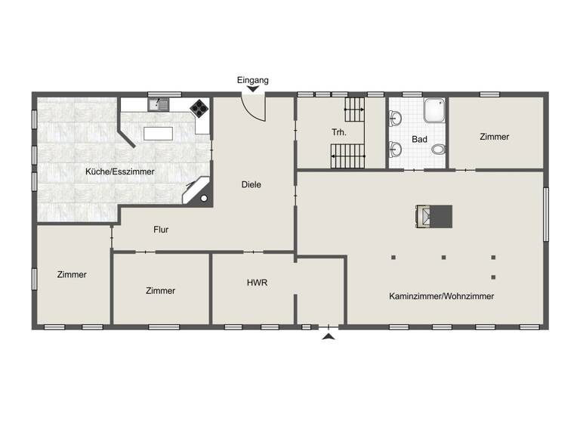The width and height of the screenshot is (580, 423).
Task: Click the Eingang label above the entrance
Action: click(x=252, y=79)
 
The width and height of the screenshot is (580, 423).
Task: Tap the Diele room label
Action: click(x=251, y=184)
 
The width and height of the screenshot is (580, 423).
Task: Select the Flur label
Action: click(x=161, y=229)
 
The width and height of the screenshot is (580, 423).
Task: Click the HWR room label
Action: click(x=257, y=283)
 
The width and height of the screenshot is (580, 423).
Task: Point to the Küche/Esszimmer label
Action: click(x=120, y=171)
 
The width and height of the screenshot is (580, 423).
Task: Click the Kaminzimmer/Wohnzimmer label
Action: click(x=442, y=296)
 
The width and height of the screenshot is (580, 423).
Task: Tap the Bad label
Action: click(x=420, y=140)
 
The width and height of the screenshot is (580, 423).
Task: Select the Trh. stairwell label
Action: click(x=339, y=132)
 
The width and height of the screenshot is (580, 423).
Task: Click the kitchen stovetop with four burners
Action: click(x=199, y=108)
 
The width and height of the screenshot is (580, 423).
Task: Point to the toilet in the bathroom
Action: click(x=438, y=149)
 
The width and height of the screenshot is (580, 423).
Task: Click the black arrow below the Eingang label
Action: click(x=252, y=90)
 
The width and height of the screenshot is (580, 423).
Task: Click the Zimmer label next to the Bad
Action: click(x=495, y=137)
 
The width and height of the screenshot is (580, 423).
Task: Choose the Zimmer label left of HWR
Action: click(x=161, y=291)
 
